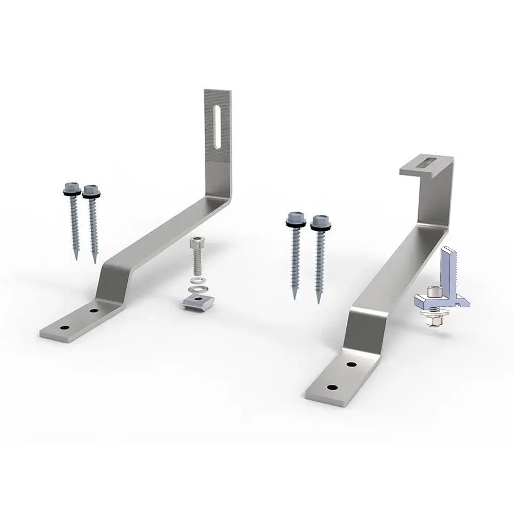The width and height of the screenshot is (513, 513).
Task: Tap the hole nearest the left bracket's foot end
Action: point(66,327)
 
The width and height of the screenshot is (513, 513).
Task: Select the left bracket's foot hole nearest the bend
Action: point(93,311)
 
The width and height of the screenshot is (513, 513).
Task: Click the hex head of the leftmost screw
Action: point(72,185)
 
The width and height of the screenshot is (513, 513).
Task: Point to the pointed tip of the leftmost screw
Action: point(76,258)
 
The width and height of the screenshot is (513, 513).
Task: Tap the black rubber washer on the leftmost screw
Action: point(72,193)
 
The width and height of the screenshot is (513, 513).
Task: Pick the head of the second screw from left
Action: point(92,190)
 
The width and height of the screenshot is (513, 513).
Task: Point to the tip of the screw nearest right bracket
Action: point(318,301)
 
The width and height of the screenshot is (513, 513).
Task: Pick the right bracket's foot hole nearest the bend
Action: point(351,365)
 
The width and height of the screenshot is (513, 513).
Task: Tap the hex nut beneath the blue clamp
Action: point(430,321)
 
